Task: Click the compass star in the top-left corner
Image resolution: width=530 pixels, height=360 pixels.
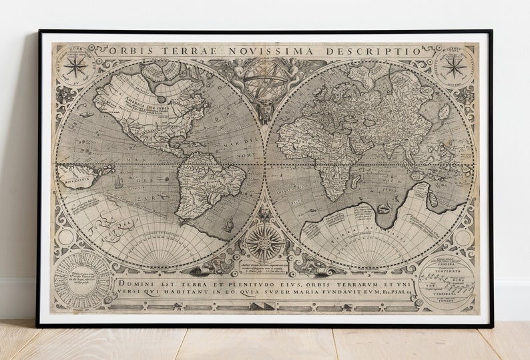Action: point(76,65)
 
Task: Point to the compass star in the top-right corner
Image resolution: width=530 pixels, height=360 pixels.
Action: point(455,65)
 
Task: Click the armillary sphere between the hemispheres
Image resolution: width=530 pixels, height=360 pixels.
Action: point(266,81)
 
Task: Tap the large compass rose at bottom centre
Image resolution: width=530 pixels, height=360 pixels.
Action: point(265,242)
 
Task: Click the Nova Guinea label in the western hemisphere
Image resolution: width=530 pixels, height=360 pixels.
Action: point(75,177)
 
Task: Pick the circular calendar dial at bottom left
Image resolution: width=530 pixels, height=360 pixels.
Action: point(82,281)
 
